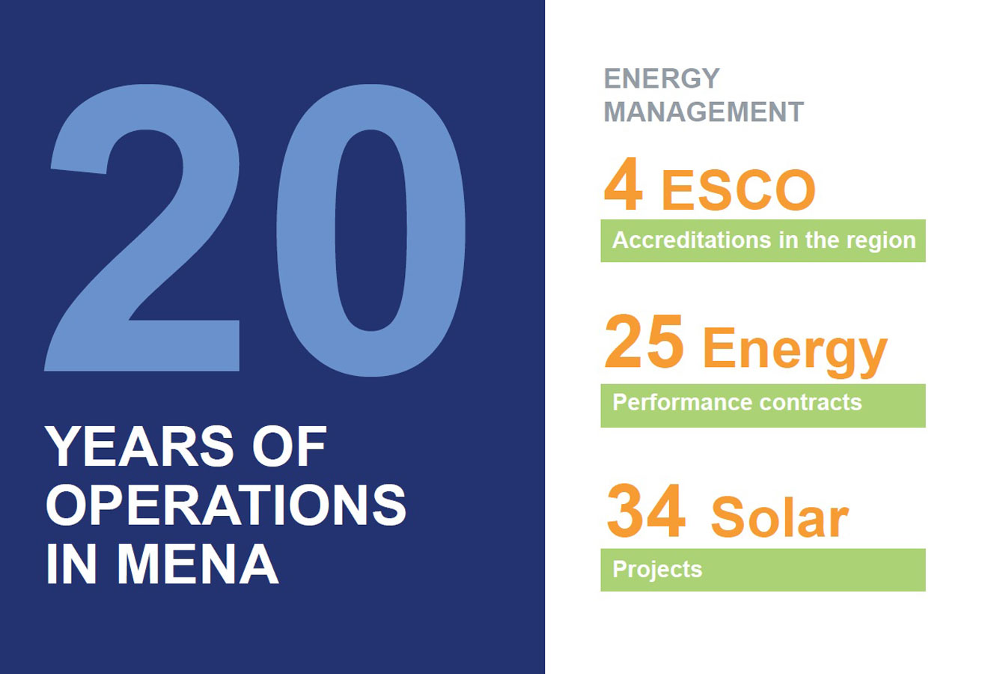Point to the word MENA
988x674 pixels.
tap(198, 563)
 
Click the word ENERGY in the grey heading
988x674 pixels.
tap(662, 79)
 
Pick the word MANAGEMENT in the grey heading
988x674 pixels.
tap(704, 112)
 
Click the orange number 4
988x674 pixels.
tap(623, 186)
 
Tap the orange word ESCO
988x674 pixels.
tap(738, 190)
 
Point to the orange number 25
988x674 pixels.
tap(644, 343)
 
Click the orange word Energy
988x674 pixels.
tap(794, 350)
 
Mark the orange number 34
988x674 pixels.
tap(645, 512)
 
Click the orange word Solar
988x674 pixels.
tap(779, 517)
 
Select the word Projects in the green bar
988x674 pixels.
tap(657, 570)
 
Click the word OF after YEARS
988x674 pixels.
tap(289, 447)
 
